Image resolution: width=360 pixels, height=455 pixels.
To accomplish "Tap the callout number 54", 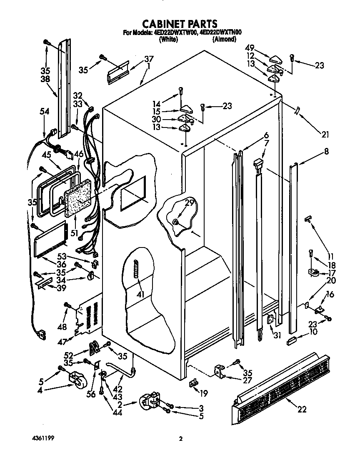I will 44,111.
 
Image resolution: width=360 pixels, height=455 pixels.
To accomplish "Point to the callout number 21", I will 325,134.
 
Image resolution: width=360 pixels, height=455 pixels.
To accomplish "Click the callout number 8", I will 326,152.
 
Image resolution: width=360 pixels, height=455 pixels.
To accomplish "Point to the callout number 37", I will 149,58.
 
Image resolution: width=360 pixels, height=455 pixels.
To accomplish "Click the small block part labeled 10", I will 291,341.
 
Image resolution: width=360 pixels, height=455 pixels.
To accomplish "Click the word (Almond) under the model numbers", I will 224,40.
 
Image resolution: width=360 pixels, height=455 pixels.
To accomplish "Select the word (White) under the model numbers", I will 168,40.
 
